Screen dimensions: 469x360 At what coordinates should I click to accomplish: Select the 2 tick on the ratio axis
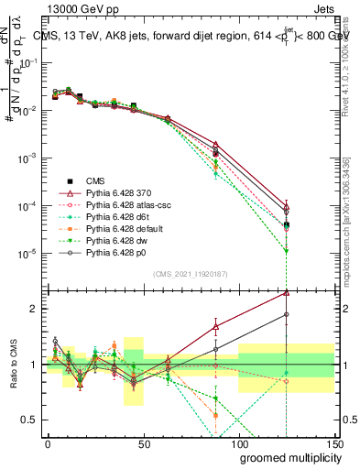click(37, 309)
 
